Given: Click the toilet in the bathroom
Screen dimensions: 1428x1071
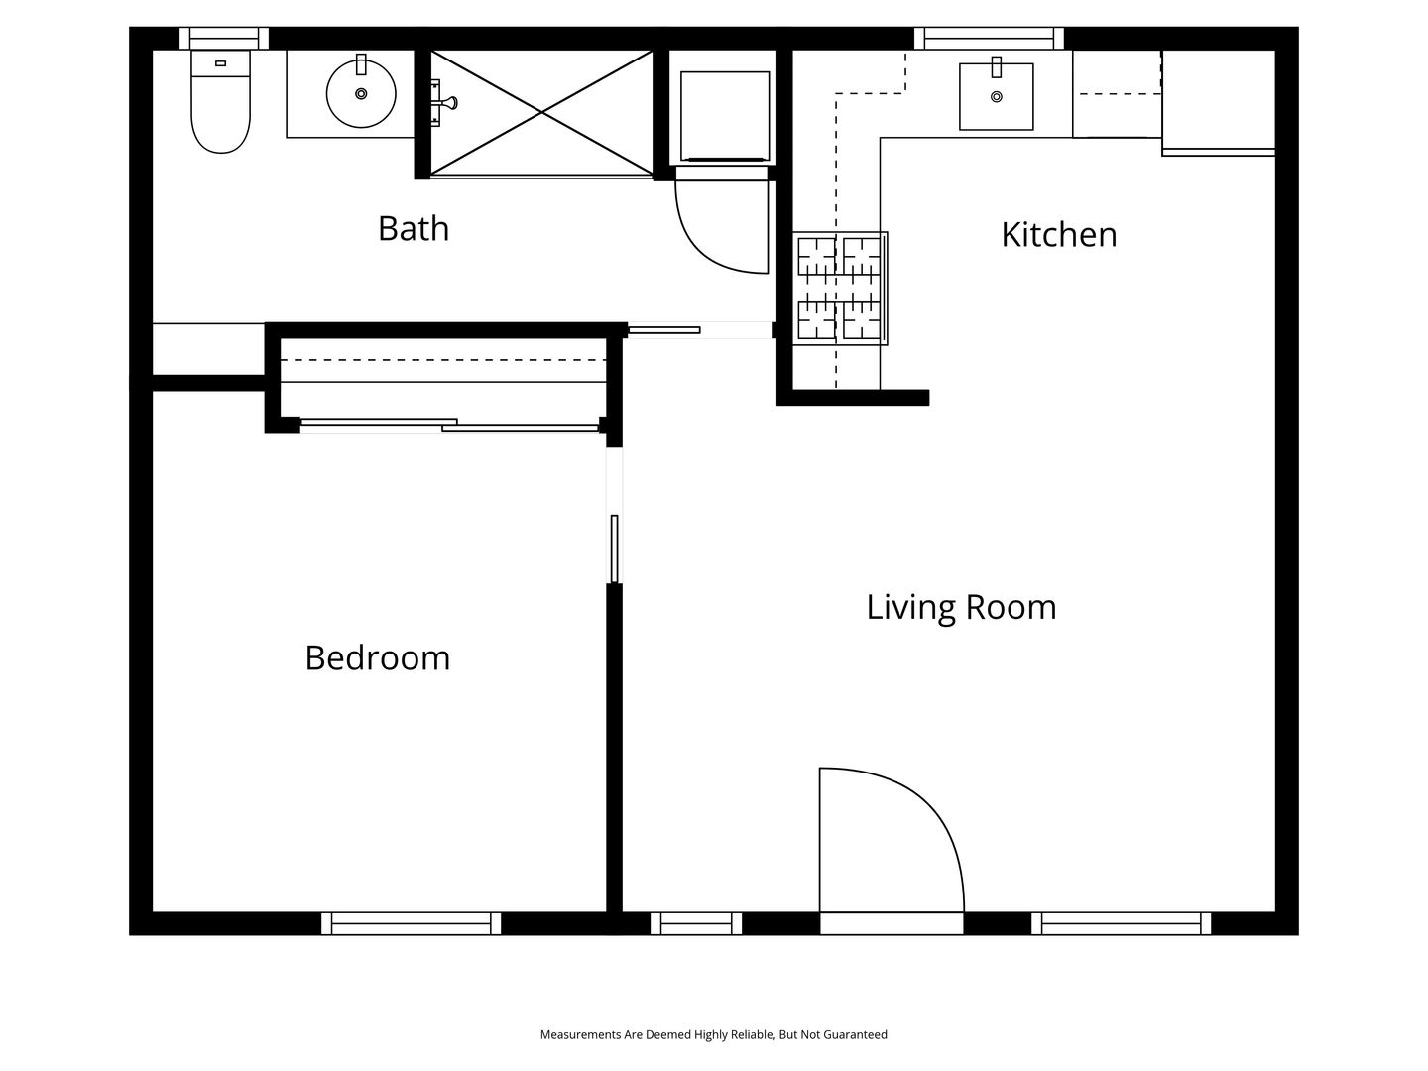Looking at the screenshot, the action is click(x=220, y=101).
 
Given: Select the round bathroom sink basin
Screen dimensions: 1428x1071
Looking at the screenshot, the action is click(x=360, y=94).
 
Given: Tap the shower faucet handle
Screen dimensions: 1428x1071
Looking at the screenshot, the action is click(x=447, y=103).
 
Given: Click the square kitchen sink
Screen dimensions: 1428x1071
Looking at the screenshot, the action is click(x=996, y=96).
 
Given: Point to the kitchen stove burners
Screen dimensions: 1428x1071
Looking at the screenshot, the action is click(x=839, y=288).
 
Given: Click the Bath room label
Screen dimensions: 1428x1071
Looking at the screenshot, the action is click(x=414, y=228).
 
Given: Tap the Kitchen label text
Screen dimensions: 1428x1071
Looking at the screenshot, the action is click(x=1058, y=234).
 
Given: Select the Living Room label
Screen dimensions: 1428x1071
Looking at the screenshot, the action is click(x=961, y=607).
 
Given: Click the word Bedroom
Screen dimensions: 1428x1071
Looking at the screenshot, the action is click(x=378, y=657).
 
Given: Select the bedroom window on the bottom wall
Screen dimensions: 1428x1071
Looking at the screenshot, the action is click(x=412, y=923).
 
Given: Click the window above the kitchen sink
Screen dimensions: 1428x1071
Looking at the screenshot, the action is click(x=989, y=39).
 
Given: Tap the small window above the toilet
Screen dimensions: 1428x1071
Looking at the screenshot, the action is click(x=224, y=39).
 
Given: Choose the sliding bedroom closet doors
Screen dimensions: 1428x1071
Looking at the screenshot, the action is click(x=449, y=426).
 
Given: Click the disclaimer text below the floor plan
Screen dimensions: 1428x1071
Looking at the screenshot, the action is click(x=714, y=1034).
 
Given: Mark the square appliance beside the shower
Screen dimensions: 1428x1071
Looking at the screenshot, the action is click(x=724, y=116).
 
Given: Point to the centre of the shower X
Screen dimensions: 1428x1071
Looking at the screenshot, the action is click(x=541, y=113).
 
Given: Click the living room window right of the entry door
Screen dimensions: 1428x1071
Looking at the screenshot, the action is click(x=1121, y=923).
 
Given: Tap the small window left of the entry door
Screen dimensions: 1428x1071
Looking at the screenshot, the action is click(x=696, y=923).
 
